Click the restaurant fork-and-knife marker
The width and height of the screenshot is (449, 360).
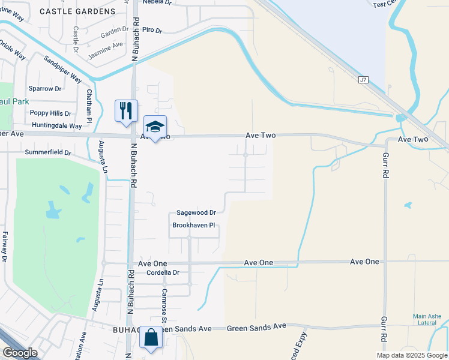[126, 111]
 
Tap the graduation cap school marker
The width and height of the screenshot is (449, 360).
[155, 127]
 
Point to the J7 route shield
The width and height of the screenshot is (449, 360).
[363, 80]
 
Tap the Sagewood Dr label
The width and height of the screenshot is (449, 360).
[196, 212]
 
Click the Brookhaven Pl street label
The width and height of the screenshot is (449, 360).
[193, 226]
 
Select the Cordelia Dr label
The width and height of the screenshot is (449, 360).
[163, 272]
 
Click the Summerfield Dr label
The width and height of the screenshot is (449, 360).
[48, 153]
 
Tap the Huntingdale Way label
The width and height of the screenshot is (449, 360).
[57, 126]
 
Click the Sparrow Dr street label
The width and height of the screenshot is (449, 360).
[45, 89]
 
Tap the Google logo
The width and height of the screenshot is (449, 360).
[20, 353]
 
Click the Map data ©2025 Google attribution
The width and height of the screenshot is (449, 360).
[411, 355]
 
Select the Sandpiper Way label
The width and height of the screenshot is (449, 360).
[62, 68]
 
